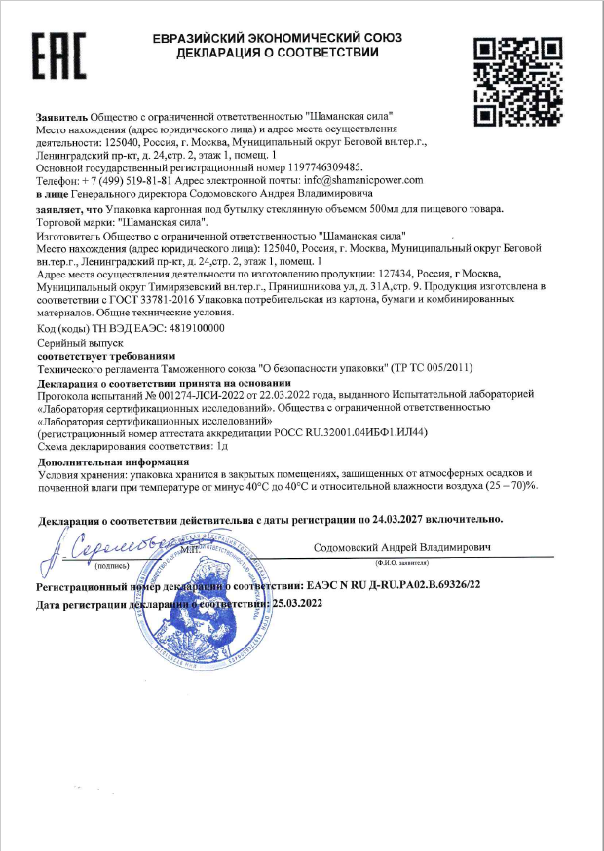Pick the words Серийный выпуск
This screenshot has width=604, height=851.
(x=80, y=344)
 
